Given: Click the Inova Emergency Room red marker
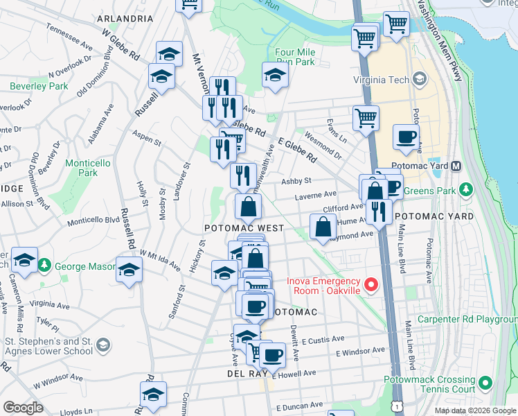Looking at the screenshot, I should (x=371, y=284).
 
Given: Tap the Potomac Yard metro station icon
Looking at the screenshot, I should (x=456, y=166).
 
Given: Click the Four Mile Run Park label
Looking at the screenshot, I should (x=294, y=57).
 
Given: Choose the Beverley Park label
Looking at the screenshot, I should (x=39, y=86).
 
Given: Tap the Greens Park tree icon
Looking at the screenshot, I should (x=467, y=189).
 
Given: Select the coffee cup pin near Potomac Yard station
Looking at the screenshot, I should (x=406, y=137).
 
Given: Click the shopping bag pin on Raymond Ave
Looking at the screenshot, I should (x=323, y=226).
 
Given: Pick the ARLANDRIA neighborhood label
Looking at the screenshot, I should (x=125, y=18).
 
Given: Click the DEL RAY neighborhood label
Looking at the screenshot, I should (x=242, y=373).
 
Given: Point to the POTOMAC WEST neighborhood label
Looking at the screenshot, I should (x=244, y=227).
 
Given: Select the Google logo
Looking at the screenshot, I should (x=24, y=408).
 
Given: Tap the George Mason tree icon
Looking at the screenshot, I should (x=44, y=265).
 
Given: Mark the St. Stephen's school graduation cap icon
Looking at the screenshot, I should (x=102, y=345).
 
